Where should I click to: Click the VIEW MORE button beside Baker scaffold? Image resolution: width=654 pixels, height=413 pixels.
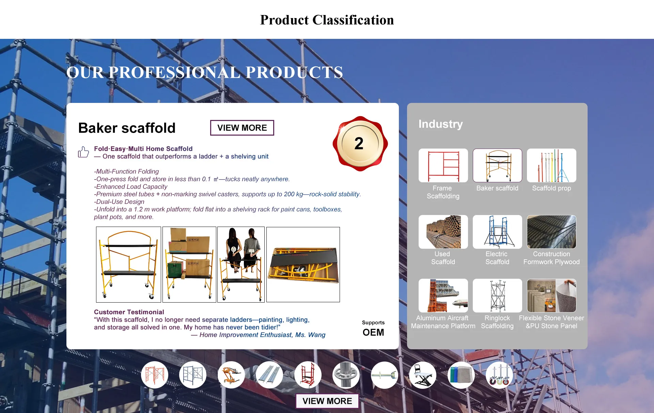point(242,128)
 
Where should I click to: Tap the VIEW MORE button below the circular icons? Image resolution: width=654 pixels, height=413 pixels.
point(327,401)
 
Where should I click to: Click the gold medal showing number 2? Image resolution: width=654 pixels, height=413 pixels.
point(360,143)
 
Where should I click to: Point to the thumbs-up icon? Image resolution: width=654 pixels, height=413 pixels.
point(83,152)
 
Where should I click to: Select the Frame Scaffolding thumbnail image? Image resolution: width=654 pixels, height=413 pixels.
point(443,166)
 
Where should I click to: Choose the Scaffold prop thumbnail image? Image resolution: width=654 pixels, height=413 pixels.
point(551,166)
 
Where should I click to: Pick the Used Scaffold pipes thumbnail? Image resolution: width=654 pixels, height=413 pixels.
point(443,232)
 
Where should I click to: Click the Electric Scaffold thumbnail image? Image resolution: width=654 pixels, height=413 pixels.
point(497,232)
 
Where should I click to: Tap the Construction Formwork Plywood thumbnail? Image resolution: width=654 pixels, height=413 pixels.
point(551,232)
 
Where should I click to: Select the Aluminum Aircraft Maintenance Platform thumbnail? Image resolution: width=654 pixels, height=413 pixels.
point(443,295)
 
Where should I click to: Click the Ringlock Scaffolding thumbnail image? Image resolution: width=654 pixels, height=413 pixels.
point(497,295)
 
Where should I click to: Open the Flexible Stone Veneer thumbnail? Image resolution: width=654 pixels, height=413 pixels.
point(551,295)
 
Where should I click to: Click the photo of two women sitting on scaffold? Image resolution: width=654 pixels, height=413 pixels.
point(241,264)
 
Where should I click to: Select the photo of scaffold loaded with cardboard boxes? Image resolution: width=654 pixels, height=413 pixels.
point(189,264)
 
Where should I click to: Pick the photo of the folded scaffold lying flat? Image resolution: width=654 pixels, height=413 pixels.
point(303,264)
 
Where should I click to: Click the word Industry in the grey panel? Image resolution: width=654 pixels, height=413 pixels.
point(440,124)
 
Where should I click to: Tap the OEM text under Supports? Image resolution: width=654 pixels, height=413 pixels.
point(373,332)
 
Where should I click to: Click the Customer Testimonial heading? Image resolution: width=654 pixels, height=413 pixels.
point(129,312)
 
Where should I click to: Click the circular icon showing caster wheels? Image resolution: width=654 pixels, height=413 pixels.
point(499,375)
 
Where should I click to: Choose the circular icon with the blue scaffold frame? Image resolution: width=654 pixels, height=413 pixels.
point(193,375)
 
